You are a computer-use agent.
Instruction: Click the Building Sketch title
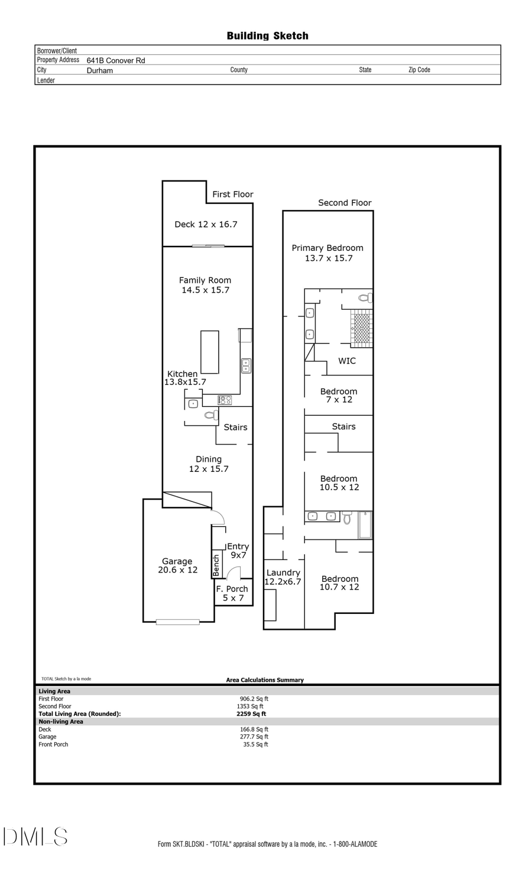tap(267, 36)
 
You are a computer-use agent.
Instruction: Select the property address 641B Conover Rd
tap(116, 60)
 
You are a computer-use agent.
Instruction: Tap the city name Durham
tap(100, 70)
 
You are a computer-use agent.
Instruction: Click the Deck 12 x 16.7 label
tap(206, 224)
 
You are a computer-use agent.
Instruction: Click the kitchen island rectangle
tap(210, 352)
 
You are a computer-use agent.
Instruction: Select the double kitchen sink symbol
tap(246, 365)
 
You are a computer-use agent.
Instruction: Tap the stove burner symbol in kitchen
tap(225, 400)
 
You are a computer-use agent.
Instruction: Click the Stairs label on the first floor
tap(235, 427)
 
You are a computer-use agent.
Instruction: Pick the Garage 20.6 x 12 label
tap(177, 565)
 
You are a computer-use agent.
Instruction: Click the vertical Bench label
tap(216, 565)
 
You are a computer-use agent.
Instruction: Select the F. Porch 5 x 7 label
tap(232, 593)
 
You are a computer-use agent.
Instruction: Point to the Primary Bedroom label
tap(327, 253)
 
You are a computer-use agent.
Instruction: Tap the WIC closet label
tap(347, 361)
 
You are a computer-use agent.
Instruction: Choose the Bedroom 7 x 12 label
tap(339, 395)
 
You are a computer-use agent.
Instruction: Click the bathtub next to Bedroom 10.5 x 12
tap(365, 525)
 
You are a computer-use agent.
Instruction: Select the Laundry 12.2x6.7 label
tap(283, 577)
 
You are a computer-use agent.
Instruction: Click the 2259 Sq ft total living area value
tap(251, 714)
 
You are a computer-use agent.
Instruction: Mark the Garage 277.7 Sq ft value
tap(254, 737)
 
